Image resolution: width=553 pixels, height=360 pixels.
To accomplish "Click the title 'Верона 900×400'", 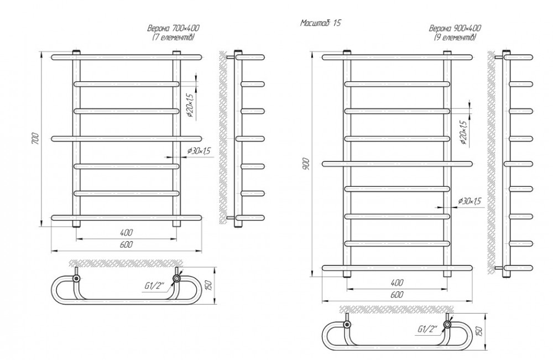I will (x=455, y=28).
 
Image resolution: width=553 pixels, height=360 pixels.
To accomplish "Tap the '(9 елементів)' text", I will (x=455, y=36).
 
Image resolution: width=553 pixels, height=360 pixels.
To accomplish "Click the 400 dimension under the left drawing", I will (x=127, y=232).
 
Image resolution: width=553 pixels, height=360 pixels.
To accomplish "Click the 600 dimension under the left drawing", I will (x=127, y=245).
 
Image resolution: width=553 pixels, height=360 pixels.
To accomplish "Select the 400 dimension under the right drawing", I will (x=397, y=282).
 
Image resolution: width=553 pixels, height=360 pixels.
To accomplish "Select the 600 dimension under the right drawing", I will (x=397, y=295).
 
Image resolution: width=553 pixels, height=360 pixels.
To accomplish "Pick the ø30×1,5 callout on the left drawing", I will (x=200, y=151).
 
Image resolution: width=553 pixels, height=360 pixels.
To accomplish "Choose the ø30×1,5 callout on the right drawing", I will (x=470, y=201).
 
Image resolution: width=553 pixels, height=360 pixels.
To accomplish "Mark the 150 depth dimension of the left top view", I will (x=208, y=284).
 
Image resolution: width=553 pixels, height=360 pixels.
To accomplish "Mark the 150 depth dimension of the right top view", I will (x=479, y=331).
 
